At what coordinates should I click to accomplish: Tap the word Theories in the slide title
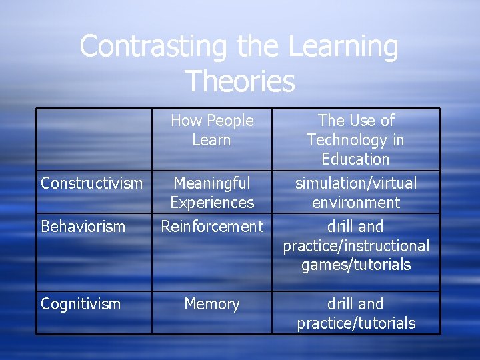239,81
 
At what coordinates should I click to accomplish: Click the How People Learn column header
212,130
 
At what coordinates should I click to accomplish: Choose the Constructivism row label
92,183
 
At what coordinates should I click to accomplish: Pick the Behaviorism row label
83,227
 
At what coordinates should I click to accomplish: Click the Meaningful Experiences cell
212,193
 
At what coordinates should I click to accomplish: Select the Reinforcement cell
212,227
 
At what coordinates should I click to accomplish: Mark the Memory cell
212,304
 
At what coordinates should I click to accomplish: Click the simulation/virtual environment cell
356,193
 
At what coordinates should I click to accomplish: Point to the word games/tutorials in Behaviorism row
356,265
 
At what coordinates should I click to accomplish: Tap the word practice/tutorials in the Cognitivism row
356,324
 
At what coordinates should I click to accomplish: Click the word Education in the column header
356,159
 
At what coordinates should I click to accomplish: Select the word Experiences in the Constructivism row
212,203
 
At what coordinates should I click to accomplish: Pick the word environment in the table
356,203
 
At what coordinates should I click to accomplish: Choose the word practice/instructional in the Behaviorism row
356,246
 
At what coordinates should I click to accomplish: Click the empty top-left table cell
94,139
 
